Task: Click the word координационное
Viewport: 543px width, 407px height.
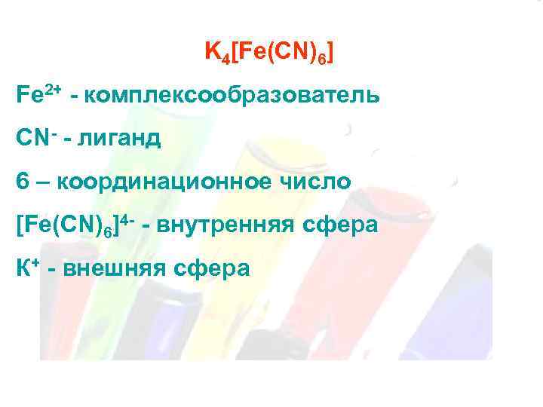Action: click(170, 182)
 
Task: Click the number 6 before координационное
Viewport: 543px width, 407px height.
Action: click(20, 182)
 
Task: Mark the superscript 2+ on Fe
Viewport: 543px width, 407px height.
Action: click(53, 90)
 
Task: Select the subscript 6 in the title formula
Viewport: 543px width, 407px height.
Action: click(322, 59)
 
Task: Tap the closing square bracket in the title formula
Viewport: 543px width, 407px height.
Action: click(331, 54)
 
